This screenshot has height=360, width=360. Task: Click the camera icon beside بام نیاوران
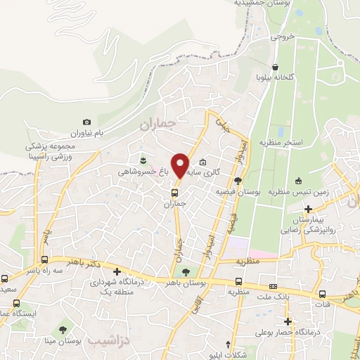(x=86, y=122)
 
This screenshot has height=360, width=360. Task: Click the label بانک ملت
(x=274, y=297)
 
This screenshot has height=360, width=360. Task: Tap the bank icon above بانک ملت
(x=273, y=286)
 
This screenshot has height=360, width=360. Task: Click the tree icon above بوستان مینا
(x=63, y=329)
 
